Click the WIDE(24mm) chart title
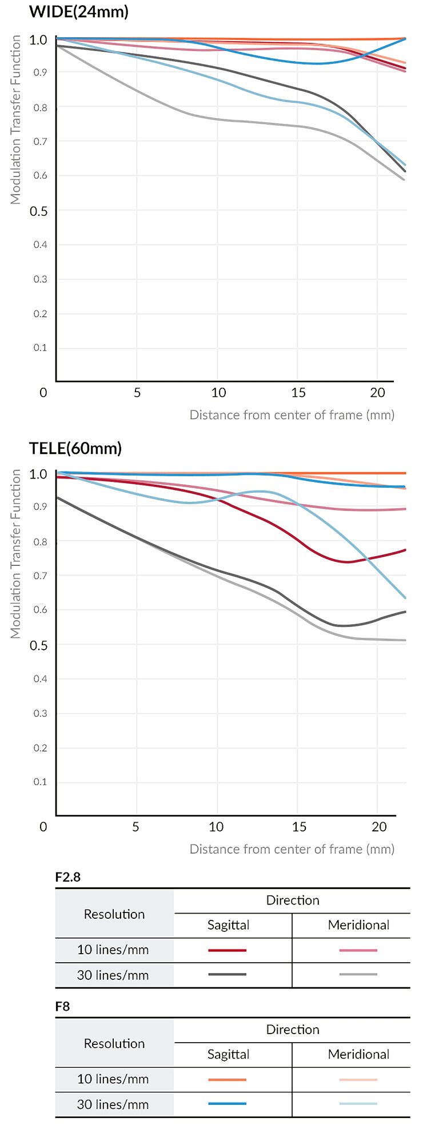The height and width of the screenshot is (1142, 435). [x=79, y=12]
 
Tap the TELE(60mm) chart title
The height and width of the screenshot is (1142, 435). [x=75, y=448]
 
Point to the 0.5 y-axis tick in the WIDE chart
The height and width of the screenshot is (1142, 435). [x=39, y=211]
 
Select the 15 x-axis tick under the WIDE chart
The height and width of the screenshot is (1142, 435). [x=298, y=393]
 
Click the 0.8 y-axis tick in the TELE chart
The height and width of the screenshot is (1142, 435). [x=40, y=541]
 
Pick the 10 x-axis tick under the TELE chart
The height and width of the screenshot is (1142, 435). [x=216, y=827]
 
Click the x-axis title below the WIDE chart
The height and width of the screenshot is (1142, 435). [x=292, y=415]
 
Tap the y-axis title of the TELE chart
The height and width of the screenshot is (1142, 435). [x=15, y=554]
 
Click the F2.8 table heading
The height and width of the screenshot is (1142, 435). [x=68, y=877]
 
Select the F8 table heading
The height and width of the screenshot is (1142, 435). [x=63, y=1006]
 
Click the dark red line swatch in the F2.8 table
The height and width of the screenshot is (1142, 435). [x=228, y=950]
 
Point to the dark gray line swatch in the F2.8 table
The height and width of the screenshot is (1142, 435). [x=228, y=975]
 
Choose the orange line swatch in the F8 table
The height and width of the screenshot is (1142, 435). [x=228, y=1080]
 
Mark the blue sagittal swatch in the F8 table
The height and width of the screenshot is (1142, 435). [x=228, y=1104]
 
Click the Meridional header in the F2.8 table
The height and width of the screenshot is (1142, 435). [x=358, y=925]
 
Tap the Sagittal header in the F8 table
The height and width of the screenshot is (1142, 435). [x=228, y=1054]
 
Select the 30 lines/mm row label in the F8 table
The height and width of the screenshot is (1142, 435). [x=113, y=1104]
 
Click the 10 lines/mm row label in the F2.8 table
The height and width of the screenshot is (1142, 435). [x=113, y=950]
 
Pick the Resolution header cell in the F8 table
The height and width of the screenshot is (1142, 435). [x=114, y=1043]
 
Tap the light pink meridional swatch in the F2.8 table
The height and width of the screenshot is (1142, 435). [x=358, y=950]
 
